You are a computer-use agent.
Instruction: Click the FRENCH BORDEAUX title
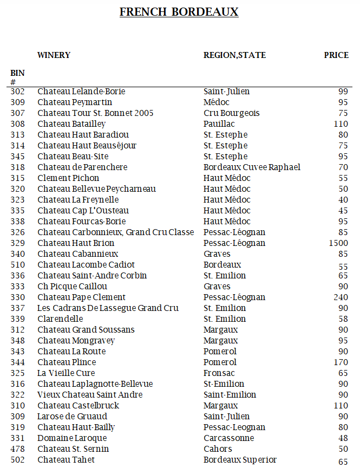pyautogui.click(x=179, y=12)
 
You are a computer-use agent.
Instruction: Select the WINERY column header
pyautogui.click(x=54, y=55)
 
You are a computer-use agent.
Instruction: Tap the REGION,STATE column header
pyautogui.click(x=234, y=55)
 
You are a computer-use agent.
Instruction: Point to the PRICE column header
pyautogui.click(x=336, y=55)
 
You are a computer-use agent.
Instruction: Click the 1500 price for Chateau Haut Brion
pyautogui.click(x=338, y=243)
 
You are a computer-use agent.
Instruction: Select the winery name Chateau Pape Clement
pyautogui.click(x=81, y=297)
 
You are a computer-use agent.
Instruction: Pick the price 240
pyautogui.click(x=341, y=297)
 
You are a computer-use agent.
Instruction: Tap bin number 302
pyautogui.click(x=17, y=92)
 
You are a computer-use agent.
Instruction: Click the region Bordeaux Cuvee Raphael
pyautogui.click(x=252, y=167)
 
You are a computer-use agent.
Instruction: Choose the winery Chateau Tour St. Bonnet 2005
pyautogui.click(x=95, y=113)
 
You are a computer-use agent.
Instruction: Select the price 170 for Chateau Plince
pyautogui.click(x=341, y=362)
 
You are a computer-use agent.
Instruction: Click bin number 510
pyautogui.click(x=17, y=265)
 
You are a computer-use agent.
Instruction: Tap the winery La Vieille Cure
pyautogui.click(x=66, y=373)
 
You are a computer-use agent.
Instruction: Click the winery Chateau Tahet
pyautogui.click(x=66, y=460)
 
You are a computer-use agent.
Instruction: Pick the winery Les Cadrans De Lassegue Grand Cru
pyautogui.click(x=108, y=308)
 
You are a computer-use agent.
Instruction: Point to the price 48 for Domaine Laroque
pyautogui.click(x=343, y=438)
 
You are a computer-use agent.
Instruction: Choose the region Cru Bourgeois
pyautogui.click(x=231, y=113)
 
